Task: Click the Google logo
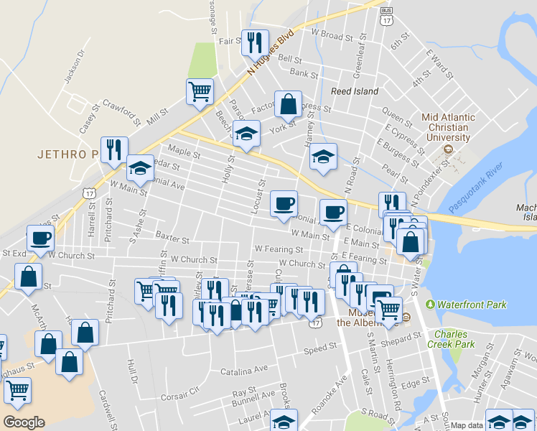(x=24, y=422)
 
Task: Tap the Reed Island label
(x=354, y=92)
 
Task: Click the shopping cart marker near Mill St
(x=200, y=91)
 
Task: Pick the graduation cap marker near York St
(x=246, y=134)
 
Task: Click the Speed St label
(x=315, y=350)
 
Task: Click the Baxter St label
(x=172, y=236)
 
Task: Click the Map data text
(x=466, y=425)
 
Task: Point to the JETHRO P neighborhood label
(x=66, y=154)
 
